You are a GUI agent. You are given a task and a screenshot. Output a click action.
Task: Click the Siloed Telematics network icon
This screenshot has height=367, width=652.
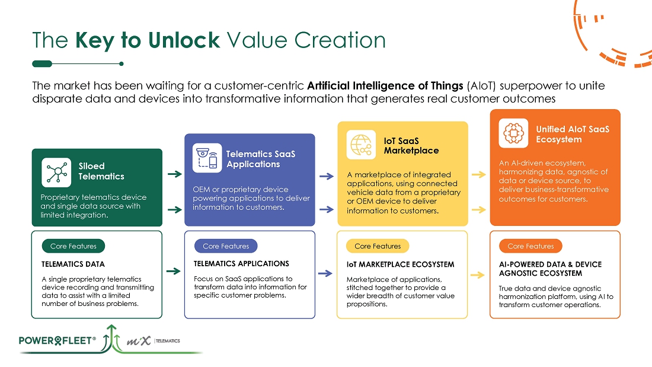click(56, 172)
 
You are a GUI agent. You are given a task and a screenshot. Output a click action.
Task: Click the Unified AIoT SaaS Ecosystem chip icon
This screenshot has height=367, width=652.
click(513, 133)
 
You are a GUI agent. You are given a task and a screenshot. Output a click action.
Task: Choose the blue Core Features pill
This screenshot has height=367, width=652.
click(226, 246)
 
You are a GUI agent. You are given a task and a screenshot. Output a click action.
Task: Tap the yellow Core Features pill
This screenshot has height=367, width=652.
click(378, 246)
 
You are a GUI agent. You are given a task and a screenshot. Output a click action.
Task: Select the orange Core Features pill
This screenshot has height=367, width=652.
click(530, 246)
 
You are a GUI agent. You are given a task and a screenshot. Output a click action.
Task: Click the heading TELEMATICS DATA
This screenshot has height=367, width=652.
click(73, 264)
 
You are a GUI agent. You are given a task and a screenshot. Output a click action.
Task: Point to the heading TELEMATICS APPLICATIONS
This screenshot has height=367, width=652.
click(241, 264)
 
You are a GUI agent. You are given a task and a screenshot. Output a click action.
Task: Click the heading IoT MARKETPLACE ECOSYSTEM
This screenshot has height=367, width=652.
click(400, 264)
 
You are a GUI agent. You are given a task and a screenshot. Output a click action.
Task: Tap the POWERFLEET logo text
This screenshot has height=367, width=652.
click(57, 341)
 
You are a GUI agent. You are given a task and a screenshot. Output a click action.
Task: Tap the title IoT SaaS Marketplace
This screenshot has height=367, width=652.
click(411, 146)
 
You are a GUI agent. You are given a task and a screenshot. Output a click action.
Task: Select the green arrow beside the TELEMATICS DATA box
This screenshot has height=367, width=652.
click(173, 272)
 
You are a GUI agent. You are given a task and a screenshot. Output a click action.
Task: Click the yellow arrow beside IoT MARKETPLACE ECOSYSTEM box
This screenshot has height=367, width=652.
click(478, 275)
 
